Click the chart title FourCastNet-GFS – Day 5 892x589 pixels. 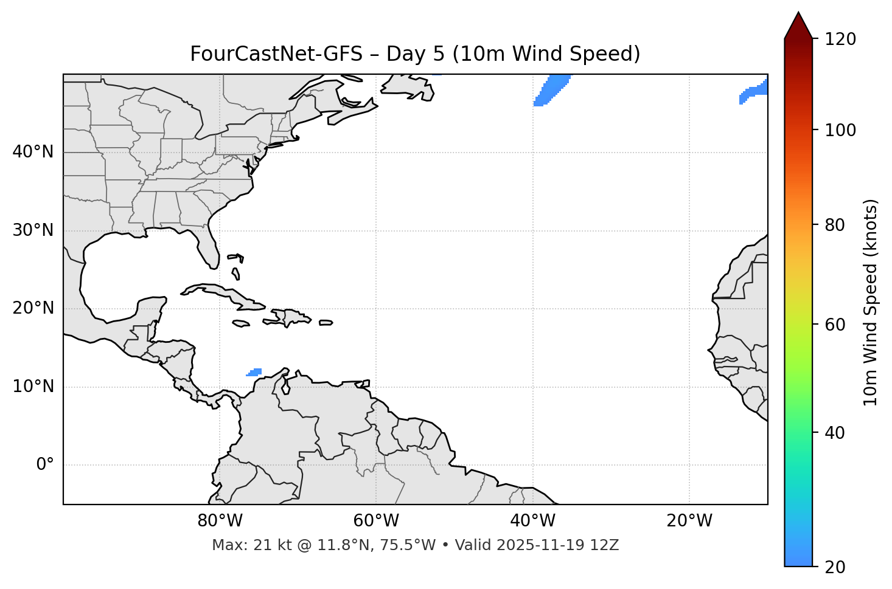[415, 54]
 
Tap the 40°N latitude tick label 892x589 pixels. [33, 152]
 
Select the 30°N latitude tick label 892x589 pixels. [33, 230]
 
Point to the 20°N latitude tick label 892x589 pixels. [33, 309]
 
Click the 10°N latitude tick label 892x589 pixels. [33, 387]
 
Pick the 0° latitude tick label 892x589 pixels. [45, 465]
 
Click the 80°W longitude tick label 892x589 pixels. [220, 521]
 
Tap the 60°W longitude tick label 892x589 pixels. [376, 521]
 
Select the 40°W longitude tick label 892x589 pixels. [532, 521]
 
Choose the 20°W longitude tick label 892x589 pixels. [689, 521]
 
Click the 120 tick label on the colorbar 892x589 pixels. [840, 40]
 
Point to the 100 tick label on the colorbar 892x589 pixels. [840, 130]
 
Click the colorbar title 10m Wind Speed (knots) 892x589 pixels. [871, 302]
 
